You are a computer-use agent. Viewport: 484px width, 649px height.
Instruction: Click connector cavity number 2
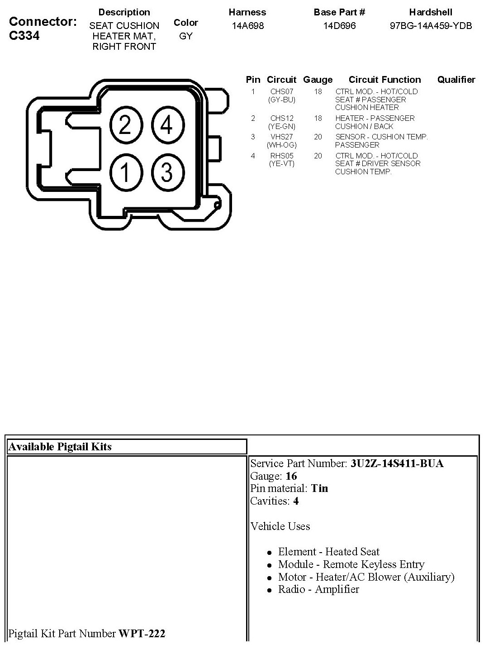click(125, 124)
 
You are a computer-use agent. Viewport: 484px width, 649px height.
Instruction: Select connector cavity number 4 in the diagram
click(167, 124)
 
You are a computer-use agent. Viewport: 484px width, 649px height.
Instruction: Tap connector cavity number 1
click(125, 172)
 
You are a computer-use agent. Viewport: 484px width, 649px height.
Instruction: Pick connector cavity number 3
click(167, 172)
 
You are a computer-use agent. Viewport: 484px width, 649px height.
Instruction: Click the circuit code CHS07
click(282, 91)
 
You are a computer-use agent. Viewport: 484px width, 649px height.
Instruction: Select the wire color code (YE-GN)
click(282, 126)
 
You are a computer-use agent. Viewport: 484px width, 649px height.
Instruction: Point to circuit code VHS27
click(282, 137)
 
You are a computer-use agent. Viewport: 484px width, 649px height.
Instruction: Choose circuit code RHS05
click(282, 156)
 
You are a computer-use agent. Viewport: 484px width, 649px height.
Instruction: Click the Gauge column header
click(318, 80)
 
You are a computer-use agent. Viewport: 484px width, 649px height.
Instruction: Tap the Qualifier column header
click(456, 80)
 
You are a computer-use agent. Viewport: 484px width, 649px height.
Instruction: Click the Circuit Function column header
click(384, 80)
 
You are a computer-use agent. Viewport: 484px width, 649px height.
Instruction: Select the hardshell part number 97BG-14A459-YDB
click(431, 26)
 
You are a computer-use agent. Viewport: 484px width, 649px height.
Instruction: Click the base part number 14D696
click(339, 26)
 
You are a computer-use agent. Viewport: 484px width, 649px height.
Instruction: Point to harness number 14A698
click(247, 26)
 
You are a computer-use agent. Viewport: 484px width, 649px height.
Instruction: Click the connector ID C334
click(24, 36)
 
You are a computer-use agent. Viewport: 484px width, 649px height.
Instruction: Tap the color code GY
click(186, 36)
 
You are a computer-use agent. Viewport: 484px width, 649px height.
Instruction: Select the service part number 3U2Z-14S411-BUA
click(397, 463)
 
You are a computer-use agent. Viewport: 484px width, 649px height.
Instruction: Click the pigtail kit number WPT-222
click(142, 633)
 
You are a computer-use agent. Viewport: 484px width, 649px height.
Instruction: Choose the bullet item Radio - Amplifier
click(318, 589)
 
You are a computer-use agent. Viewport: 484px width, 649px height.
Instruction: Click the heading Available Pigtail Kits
click(60, 447)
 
